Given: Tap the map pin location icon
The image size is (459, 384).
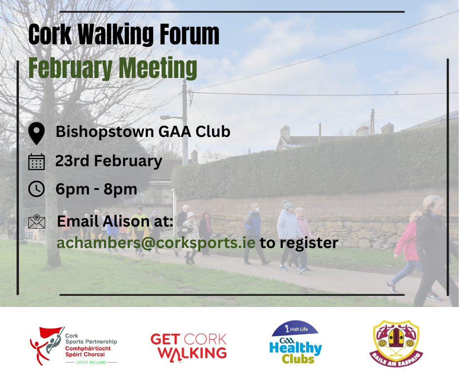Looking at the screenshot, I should pos(37,133).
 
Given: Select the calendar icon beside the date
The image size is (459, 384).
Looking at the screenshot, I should pos(37,161).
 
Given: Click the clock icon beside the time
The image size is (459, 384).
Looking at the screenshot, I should pos(37,189).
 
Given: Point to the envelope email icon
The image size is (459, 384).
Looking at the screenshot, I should pos(37,222).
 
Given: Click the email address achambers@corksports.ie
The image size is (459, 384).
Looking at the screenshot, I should pos(156,242).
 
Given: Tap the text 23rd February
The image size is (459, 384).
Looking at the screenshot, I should pos(108,161).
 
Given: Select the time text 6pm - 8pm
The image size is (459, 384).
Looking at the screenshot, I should pos(96,189).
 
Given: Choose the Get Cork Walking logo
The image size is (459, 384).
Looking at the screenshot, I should pos(188,346).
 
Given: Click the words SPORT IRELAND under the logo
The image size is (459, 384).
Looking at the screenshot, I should pos(92,363).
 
